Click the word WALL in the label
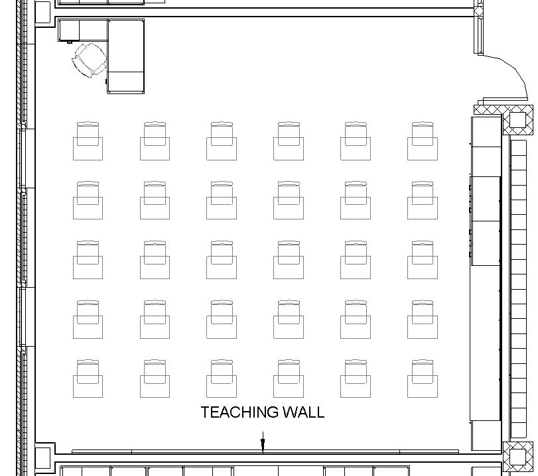[303, 412]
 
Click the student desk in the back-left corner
[88, 141]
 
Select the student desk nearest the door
[423, 141]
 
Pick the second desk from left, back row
[155, 141]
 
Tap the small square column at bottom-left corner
[42, 456]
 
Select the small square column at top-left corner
[42, 11]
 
